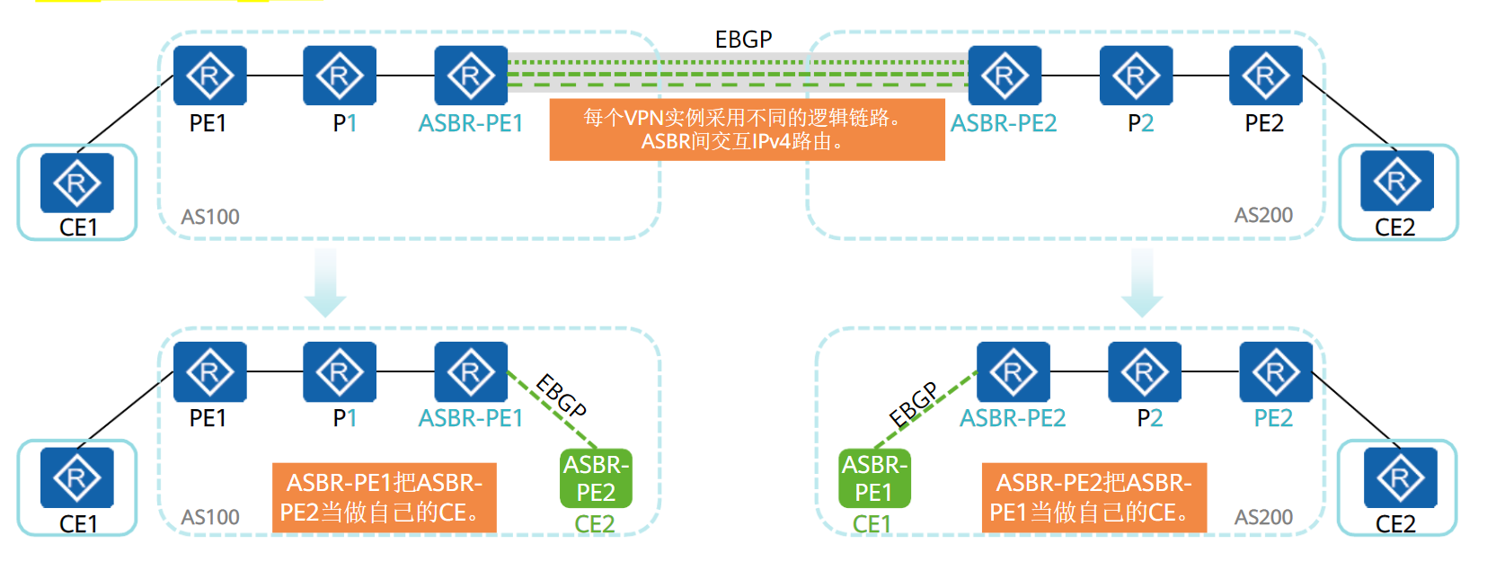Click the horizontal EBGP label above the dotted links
[x=743, y=40]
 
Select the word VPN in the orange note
[x=643, y=118]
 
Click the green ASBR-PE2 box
[x=596, y=478]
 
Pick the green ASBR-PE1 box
[x=874, y=478]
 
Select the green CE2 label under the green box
[x=595, y=524]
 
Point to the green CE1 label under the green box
[x=872, y=524]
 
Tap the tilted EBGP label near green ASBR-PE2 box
[x=562, y=397]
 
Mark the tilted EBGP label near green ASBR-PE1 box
[x=913, y=404]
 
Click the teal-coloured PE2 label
[x=1273, y=418]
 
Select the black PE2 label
[x=1263, y=123]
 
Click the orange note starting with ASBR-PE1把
[x=384, y=497]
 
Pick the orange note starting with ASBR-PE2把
[x=1093, y=497]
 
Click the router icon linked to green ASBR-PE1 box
[x=1013, y=371]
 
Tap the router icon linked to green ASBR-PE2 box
[x=471, y=371]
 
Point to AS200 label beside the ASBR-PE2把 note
[x=1263, y=517]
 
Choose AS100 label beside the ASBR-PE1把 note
[x=210, y=517]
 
